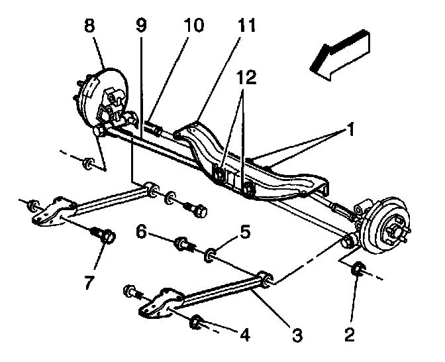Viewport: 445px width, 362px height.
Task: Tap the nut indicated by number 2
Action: click(x=358, y=269)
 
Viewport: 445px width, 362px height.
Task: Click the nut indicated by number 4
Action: click(x=196, y=324)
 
